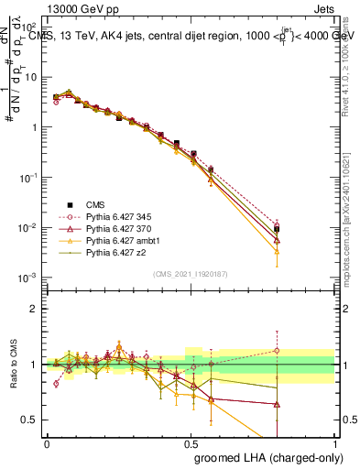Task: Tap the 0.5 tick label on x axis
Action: (191, 443)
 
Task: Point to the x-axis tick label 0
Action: (47, 443)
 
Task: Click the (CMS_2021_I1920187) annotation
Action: (190, 274)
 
